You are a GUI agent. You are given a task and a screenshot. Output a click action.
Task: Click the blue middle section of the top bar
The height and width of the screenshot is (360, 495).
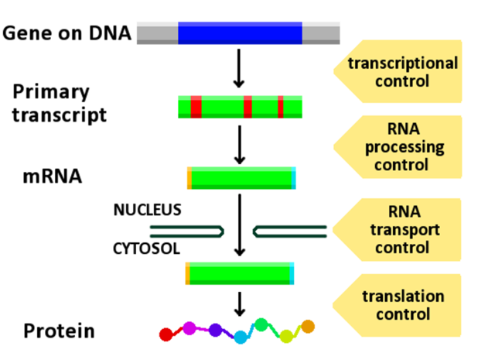point(240,33)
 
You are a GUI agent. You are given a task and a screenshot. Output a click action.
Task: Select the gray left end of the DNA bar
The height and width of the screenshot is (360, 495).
point(157,33)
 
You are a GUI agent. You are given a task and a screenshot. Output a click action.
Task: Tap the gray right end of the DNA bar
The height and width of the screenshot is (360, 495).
point(321,33)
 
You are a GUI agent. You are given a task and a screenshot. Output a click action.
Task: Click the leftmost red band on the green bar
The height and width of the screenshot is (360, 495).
point(196,107)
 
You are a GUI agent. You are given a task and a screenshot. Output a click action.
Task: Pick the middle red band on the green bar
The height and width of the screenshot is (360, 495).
point(247,107)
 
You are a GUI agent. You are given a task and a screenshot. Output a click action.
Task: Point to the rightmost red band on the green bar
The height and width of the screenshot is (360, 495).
point(281,107)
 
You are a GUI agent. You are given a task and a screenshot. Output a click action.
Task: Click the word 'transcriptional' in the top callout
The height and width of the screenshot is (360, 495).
point(402,63)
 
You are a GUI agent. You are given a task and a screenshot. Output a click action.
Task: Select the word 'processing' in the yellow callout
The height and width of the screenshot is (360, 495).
point(401,147)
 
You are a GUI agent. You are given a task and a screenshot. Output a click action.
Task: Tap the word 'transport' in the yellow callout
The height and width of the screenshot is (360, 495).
point(401,230)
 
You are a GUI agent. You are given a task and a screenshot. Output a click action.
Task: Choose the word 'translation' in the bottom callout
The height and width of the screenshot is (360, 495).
point(402,297)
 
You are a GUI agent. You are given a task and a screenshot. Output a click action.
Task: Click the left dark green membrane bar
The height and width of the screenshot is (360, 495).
point(186,231)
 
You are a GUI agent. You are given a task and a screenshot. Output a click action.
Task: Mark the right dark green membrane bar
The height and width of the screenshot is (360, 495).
point(291,231)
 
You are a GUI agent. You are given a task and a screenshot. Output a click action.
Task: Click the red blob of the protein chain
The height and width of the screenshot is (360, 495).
point(166,334)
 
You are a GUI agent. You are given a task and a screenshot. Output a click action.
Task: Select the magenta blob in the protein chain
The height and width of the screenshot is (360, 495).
point(189,328)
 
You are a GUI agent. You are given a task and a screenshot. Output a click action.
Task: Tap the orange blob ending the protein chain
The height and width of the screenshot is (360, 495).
point(308,327)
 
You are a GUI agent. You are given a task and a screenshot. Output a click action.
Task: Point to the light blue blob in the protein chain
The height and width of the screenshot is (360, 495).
point(241,337)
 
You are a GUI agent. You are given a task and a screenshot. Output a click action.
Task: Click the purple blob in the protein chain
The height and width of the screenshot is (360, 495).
point(219,331)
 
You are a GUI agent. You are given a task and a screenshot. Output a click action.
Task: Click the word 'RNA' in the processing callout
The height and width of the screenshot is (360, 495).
point(401,129)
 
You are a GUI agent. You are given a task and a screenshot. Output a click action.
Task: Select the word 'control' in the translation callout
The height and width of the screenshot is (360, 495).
point(402,314)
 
